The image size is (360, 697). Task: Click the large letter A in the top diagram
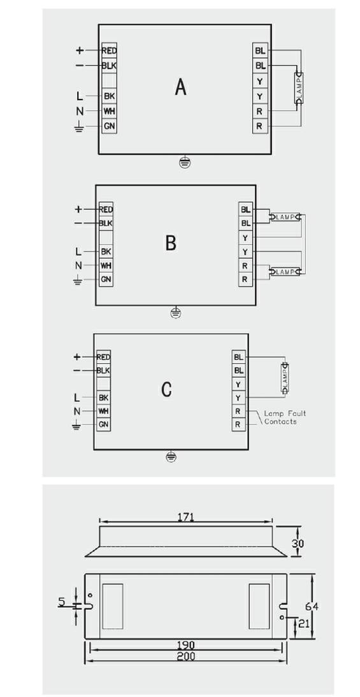[180, 87]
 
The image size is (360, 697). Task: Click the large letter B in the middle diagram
[171, 243]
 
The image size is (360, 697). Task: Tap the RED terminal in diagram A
[110, 51]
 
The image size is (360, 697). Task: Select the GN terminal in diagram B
[106, 279]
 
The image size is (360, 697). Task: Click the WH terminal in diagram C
[104, 411]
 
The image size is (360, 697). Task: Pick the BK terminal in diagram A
[110, 96]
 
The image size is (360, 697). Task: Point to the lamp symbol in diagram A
[299, 88]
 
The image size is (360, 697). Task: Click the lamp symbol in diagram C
[284, 378]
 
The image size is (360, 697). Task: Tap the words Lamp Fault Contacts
[285, 417]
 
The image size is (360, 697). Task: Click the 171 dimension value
[185, 517]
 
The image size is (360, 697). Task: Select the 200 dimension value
[186, 656]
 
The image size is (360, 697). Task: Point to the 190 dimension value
[186, 645]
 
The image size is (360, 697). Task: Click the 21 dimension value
[303, 623]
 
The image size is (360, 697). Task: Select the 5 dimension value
[61, 602]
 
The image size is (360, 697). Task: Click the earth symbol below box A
[185, 162]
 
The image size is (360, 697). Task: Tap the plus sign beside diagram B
[78, 209]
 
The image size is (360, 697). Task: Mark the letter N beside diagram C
[77, 411]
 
